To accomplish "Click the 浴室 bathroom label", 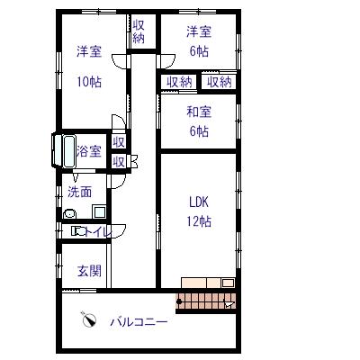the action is click(x=89, y=151).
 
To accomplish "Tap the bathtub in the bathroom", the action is click(x=69, y=151).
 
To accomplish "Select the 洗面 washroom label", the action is click(x=79, y=192).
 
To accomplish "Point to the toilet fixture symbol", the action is click(x=78, y=231).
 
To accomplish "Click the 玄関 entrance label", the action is click(x=89, y=271).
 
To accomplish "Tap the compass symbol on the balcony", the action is click(x=89, y=319).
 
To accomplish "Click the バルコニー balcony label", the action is click(x=139, y=322).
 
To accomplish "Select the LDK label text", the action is click(x=199, y=202).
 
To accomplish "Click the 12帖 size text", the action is click(x=199, y=221).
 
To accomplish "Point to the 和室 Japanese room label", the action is click(x=199, y=112).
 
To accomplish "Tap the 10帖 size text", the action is click(x=89, y=82).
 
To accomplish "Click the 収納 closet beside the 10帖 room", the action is click(x=139, y=31).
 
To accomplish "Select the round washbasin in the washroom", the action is click(x=70, y=214).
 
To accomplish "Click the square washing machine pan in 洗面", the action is click(x=99, y=211).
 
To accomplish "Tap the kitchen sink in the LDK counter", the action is click(x=228, y=283).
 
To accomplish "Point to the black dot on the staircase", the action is click(x=179, y=301).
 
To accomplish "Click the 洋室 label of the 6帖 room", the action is click(x=199, y=31).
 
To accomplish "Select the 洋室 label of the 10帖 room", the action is click(x=89, y=51).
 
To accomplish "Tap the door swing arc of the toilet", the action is click(x=120, y=231).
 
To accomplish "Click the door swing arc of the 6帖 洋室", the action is click(x=169, y=62).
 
